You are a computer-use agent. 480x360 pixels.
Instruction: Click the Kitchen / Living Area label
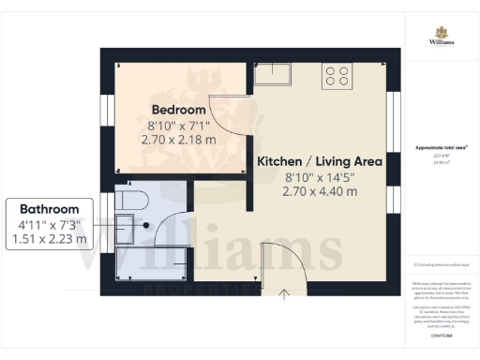click(320, 161)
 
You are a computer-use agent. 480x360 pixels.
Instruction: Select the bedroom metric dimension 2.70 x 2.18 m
click(178, 140)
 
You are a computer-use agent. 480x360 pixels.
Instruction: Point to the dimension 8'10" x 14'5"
click(320, 176)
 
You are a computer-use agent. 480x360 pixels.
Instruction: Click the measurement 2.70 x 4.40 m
click(320, 191)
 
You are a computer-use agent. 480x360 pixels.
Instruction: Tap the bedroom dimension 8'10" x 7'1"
click(178, 124)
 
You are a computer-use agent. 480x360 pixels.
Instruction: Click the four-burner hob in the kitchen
click(337, 76)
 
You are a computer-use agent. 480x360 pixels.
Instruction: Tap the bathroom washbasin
click(124, 226)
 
